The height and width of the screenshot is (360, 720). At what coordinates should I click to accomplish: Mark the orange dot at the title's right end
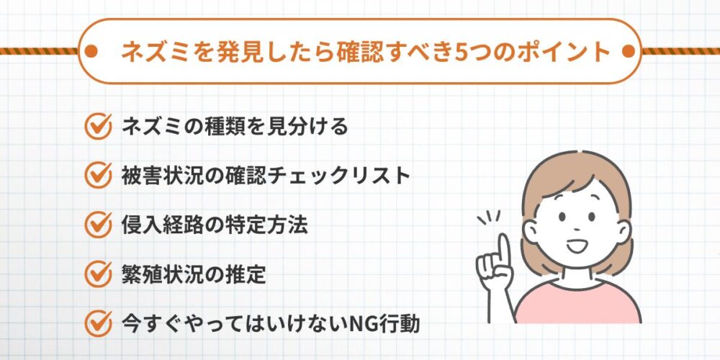point(627,52)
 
